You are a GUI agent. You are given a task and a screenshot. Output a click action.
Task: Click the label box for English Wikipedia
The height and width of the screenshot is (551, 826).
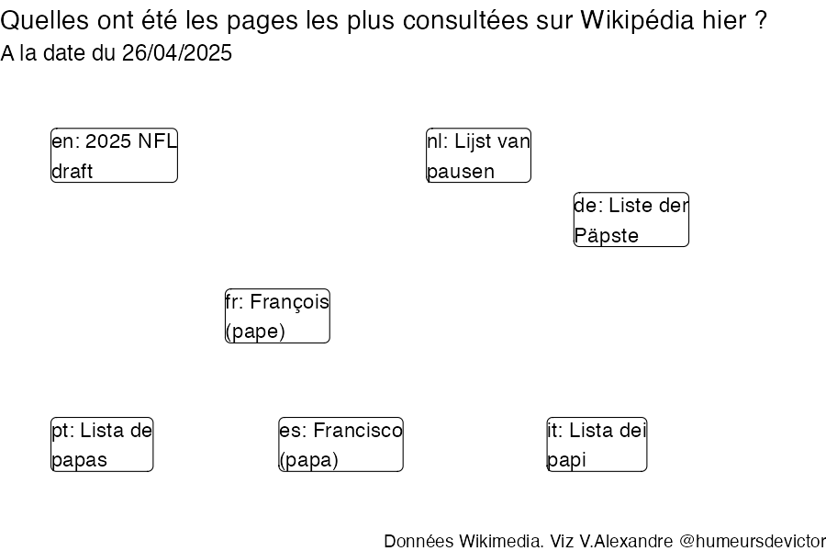coord(114,155)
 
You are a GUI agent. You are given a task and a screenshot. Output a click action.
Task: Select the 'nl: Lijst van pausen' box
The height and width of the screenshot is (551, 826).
coord(478,155)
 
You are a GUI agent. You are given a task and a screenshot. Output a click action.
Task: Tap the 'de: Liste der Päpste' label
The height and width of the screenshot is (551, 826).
coord(631,219)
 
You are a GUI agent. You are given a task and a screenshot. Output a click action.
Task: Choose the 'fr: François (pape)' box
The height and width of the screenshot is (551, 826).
coord(277,316)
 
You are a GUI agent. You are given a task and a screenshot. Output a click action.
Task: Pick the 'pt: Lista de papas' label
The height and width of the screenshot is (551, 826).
coord(102,444)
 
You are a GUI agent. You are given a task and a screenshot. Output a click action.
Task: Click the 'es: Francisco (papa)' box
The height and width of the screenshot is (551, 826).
coord(340,444)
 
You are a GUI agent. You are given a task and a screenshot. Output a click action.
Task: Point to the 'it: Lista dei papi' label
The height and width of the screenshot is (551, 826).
coord(597,444)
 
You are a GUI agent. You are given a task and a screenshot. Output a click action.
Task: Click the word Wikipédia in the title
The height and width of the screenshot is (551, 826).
coord(638,20)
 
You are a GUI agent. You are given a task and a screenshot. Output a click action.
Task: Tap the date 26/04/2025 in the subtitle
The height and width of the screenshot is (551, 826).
coord(176,53)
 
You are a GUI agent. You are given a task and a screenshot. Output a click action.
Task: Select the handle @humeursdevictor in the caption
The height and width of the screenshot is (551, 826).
coord(753,541)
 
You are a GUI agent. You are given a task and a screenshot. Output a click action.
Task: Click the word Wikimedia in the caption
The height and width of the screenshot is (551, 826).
coord(500,541)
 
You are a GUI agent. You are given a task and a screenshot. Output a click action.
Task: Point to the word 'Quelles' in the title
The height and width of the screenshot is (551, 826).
coord(44,20)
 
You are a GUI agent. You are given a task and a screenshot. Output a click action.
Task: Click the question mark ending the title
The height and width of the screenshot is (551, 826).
coord(760,20)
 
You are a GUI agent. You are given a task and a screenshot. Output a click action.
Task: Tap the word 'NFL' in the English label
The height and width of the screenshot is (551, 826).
coord(157,141)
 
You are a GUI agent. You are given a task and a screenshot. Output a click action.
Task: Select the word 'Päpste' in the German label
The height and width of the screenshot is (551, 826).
coord(607,235)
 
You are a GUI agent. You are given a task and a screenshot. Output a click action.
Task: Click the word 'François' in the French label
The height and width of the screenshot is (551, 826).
coord(289,303)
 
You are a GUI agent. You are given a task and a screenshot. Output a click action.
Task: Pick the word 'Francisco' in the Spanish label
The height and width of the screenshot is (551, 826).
coord(358,431)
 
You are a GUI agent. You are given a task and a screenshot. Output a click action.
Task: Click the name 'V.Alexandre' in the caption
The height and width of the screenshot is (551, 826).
coord(626,541)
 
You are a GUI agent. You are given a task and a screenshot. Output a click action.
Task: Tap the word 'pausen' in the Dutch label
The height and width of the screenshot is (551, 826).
coord(461,172)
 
